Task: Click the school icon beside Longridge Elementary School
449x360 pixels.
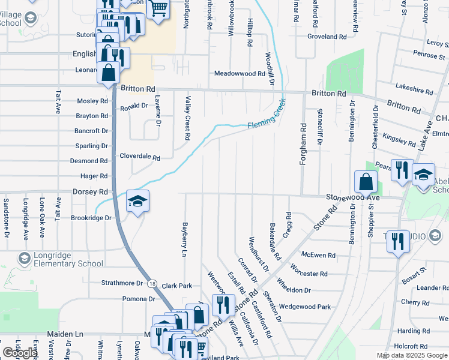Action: click(x=24, y=259)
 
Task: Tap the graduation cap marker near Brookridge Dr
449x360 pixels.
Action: click(x=137, y=202)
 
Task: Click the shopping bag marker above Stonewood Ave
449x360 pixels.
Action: click(x=366, y=181)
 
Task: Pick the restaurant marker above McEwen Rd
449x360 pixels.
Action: click(x=397, y=241)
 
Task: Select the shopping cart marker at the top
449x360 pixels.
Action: click(x=158, y=9)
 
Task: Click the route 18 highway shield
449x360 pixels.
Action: click(x=153, y=283)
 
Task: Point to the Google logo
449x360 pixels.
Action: click(x=20, y=353)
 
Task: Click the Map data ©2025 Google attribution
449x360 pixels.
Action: click(x=412, y=355)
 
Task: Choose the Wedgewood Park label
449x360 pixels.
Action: click(x=305, y=307)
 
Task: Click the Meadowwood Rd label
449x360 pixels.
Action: click(x=240, y=74)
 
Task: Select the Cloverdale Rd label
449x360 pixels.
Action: click(x=140, y=158)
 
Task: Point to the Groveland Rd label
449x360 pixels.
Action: click(x=327, y=37)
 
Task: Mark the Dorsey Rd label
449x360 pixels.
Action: click(x=89, y=192)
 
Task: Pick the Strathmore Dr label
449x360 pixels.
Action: click(x=122, y=283)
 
